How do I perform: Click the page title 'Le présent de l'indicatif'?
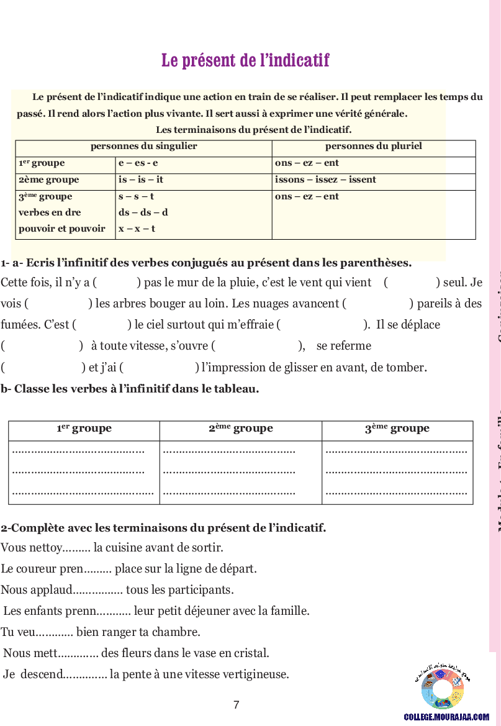[x=245, y=60]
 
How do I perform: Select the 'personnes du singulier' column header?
[x=143, y=147]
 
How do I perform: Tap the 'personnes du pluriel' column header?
[x=373, y=147]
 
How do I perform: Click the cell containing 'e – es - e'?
[x=138, y=163]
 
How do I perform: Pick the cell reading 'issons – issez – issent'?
[x=325, y=180]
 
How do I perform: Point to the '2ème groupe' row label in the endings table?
[x=49, y=180]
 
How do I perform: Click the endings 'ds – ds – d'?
[x=143, y=212]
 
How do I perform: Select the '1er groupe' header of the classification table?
[x=84, y=429]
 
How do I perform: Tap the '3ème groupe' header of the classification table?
[x=397, y=429]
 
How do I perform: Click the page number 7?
[x=236, y=705]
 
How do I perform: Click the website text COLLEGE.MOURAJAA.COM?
[x=446, y=717]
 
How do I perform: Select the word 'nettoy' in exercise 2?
[x=45, y=548]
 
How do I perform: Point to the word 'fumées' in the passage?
[x=17, y=325]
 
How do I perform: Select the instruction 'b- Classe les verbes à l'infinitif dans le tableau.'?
[x=130, y=389]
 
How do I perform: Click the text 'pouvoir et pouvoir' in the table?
[x=62, y=229]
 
